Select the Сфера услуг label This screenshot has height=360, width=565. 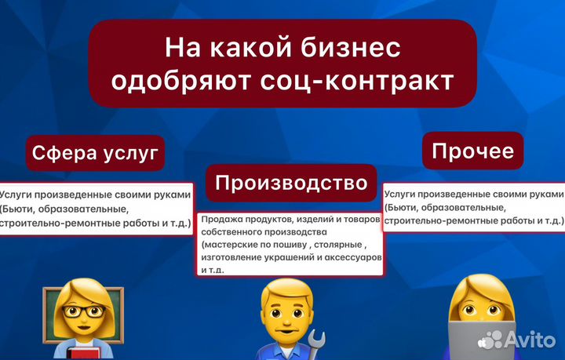point(96,152)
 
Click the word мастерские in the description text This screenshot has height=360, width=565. point(231,245)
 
